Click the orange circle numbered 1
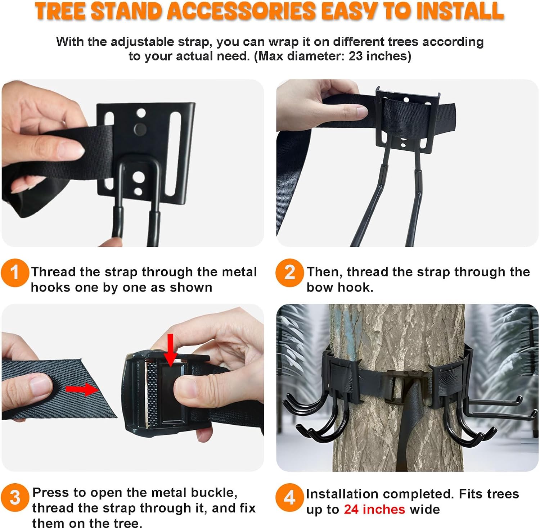click(15, 273)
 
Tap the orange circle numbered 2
click(289, 273)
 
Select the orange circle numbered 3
click(15, 498)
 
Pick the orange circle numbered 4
click(289, 498)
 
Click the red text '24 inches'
click(374, 510)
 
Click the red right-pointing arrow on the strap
click(82, 389)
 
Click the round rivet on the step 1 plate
click(140, 128)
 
